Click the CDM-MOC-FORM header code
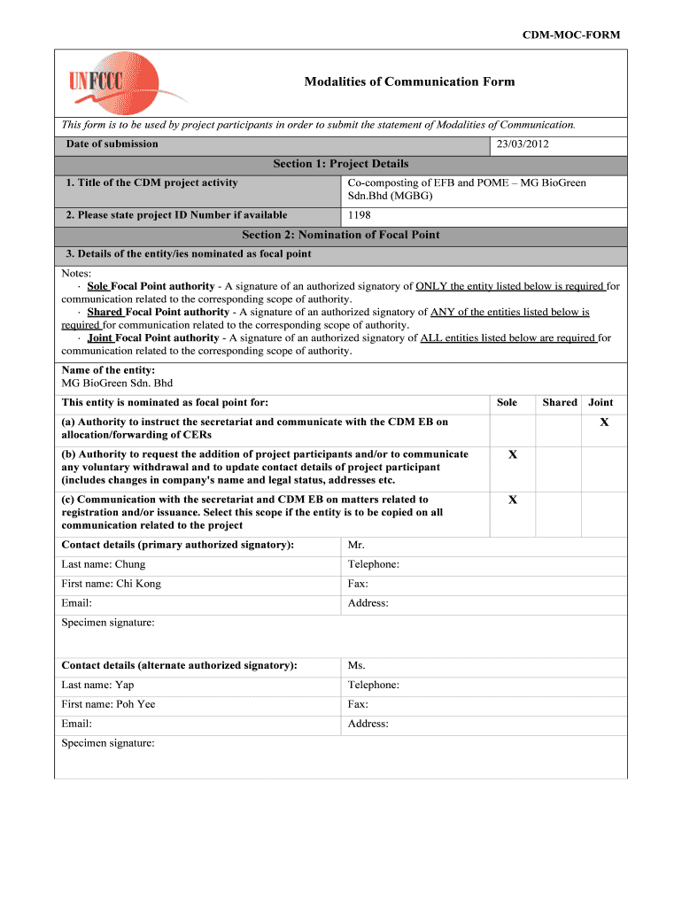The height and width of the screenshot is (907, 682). click(x=570, y=35)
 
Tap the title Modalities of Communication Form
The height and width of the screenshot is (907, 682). click(x=409, y=81)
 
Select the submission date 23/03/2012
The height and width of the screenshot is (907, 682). click(x=523, y=143)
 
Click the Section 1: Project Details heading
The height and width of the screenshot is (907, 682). click(x=341, y=164)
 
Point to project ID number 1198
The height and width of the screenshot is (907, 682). click(x=360, y=215)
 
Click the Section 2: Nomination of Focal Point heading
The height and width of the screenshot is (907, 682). click(x=341, y=235)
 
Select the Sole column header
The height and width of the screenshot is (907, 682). click(x=507, y=402)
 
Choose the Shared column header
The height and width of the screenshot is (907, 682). click(x=560, y=402)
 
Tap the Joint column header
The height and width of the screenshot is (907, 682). click(x=601, y=402)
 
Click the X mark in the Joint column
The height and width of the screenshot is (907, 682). click(x=604, y=422)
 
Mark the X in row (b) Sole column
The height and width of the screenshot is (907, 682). click(x=512, y=454)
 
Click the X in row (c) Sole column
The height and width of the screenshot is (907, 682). click(x=512, y=500)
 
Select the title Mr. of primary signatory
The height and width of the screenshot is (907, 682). click(x=357, y=545)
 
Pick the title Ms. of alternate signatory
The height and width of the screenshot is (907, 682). click(x=357, y=665)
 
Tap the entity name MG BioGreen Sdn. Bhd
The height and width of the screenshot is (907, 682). click(x=117, y=383)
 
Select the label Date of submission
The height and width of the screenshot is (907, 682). click(x=112, y=143)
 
